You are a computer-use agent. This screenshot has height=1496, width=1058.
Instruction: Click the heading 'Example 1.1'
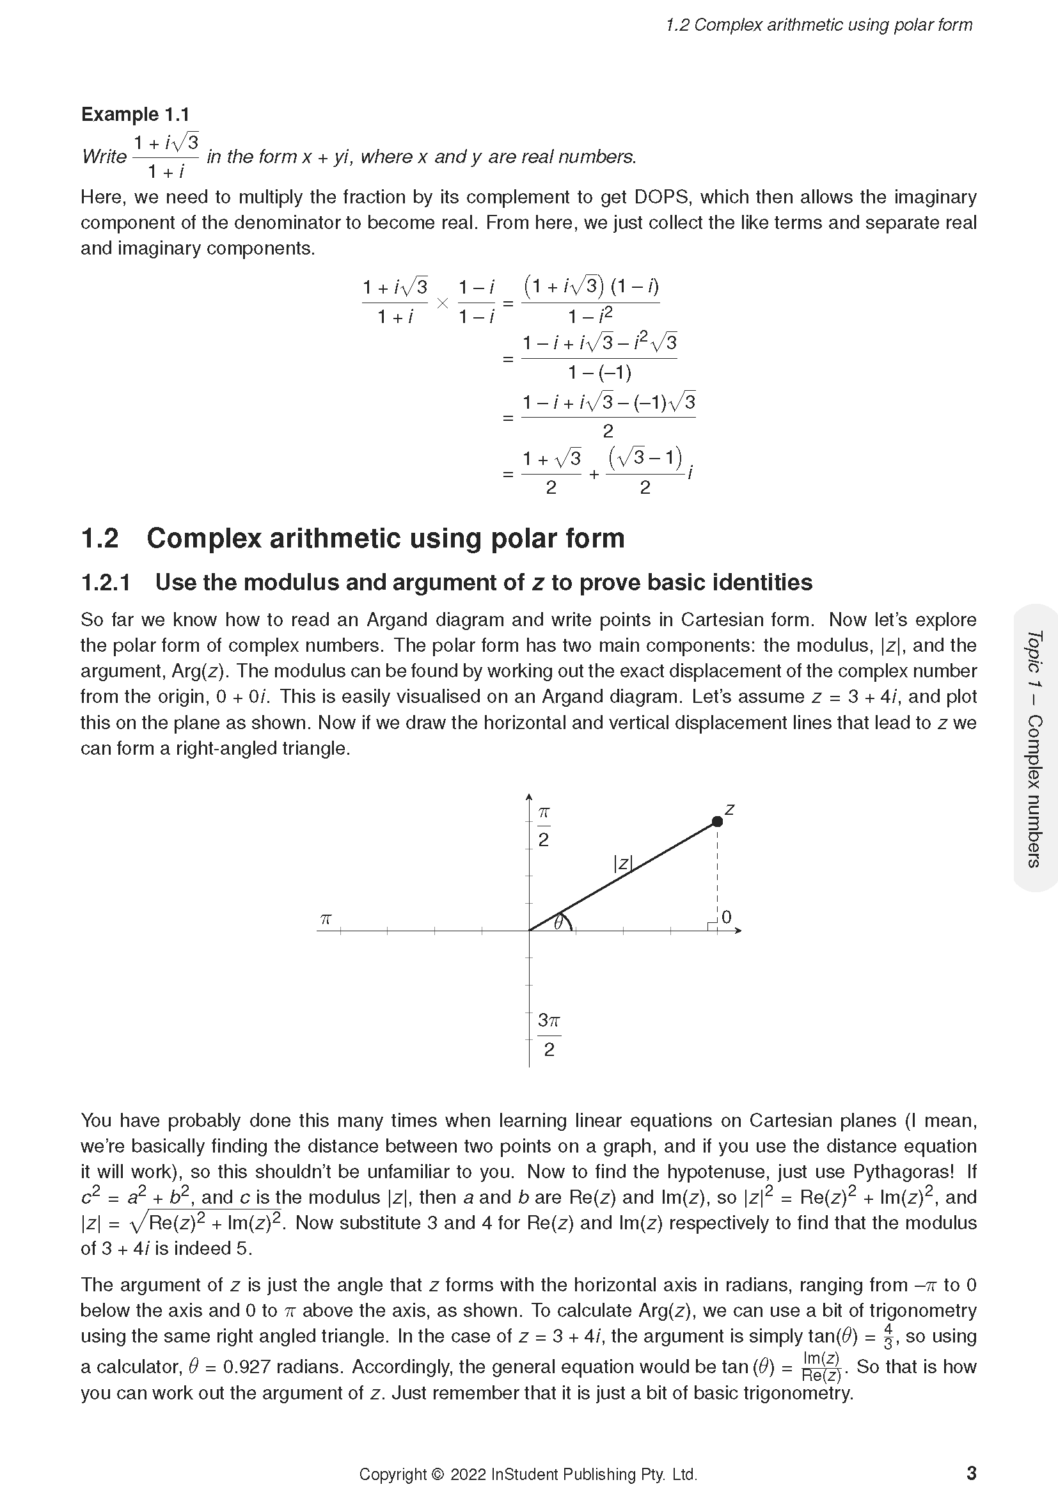coord(135,114)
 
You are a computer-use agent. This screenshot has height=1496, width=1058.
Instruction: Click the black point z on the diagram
coord(717,822)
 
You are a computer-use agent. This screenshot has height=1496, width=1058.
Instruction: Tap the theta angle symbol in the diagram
coord(558,923)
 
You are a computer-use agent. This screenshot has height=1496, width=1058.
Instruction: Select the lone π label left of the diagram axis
coord(326,919)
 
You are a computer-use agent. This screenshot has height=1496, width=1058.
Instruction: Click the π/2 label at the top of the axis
coord(544,826)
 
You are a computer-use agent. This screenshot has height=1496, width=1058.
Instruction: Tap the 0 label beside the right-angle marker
coord(727,917)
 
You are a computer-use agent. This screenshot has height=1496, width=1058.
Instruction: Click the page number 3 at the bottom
coord(972,1473)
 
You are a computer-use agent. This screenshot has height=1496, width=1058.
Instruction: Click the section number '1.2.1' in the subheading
coord(106,583)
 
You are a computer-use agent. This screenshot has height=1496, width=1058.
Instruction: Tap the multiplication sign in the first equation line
coord(443,303)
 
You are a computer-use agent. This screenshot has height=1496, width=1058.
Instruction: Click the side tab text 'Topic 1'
coord(1034,659)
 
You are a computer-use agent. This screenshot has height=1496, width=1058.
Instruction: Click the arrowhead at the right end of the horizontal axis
coord(738,931)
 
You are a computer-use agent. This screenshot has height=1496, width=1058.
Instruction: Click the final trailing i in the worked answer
coord(690,472)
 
